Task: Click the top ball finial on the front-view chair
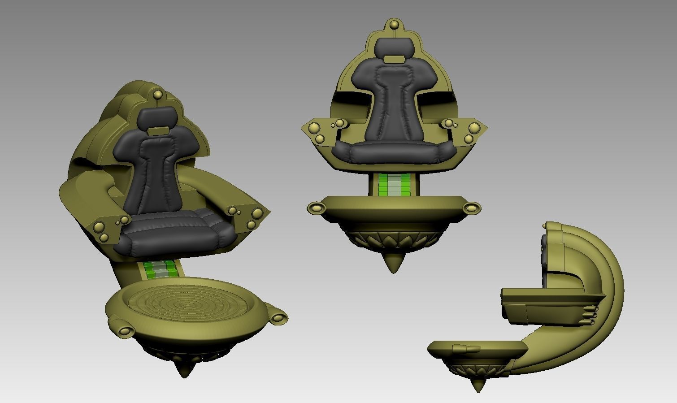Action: tap(394, 24)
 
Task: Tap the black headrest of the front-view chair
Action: tap(394, 47)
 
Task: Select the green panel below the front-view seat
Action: tap(394, 184)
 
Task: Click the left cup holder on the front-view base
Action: tap(317, 208)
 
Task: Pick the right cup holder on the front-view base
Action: tap(471, 207)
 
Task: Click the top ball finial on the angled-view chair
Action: tap(158, 95)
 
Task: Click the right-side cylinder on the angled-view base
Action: tap(279, 318)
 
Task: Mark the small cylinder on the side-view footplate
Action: tap(466, 348)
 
